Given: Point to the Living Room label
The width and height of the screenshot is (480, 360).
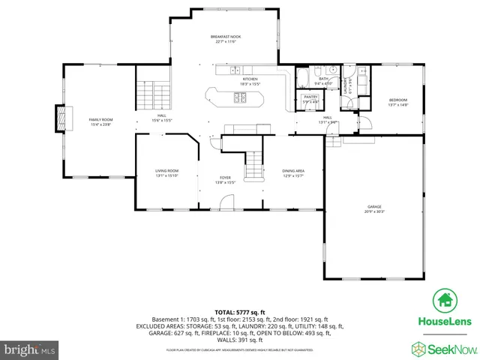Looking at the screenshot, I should pyautogui.click(x=166, y=173).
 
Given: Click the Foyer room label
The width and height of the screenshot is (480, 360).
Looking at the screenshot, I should pyautogui.click(x=226, y=179).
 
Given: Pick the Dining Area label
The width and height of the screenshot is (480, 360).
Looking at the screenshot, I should pyautogui.click(x=292, y=173).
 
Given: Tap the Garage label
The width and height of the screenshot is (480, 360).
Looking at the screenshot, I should pyautogui.click(x=374, y=208).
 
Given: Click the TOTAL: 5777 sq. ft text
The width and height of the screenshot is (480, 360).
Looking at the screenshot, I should pyautogui.click(x=240, y=311).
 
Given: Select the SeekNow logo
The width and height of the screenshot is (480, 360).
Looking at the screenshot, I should pyautogui.click(x=442, y=349).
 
